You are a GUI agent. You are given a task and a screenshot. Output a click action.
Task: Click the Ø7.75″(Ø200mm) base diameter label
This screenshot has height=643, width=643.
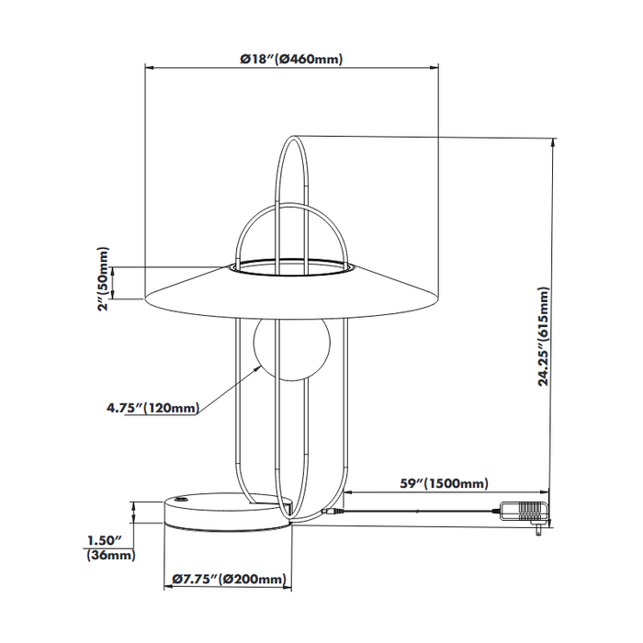click(x=229, y=580)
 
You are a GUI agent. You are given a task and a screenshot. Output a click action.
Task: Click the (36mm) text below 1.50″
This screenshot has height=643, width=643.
click(x=109, y=555)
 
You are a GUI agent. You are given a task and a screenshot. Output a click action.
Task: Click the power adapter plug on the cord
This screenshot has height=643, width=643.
click(x=525, y=512)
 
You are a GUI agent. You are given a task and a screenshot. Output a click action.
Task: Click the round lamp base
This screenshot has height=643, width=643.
click(x=227, y=513)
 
